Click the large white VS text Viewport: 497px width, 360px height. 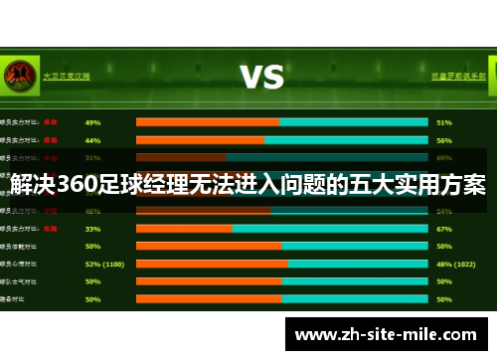pyautogui.click(x=261, y=77)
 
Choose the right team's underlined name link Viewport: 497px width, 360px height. pyautogui.click(x=458, y=76)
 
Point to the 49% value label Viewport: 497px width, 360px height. pyautogui.click(x=92, y=122)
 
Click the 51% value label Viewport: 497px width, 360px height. pyautogui.click(x=443, y=122)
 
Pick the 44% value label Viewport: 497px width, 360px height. pyautogui.click(x=92, y=140)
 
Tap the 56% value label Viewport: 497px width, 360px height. pyautogui.click(x=443, y=140)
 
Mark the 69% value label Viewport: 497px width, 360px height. pyautogui.click(x=443, y=157)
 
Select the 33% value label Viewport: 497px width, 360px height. pyautogui.click(x=92, y=228)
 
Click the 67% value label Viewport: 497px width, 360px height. pyautogui.click(x=443, y=228)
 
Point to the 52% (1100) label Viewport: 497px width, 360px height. pyautogui.click(x=104, y=264)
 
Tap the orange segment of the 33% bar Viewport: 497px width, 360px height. pyautogui.click(x=183, y=228)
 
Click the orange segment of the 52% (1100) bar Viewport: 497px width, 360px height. pyautogui.click(x=211, y=264)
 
